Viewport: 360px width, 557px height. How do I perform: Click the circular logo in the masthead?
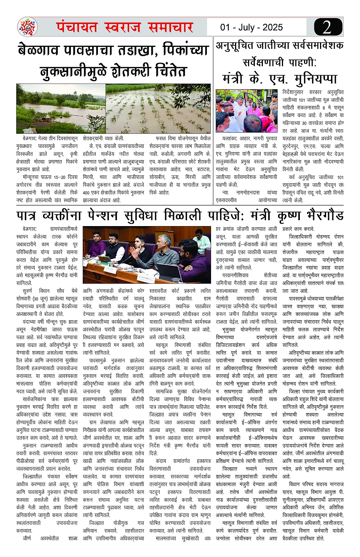pos(27,27)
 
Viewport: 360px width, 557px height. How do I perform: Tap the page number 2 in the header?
pos(326,27)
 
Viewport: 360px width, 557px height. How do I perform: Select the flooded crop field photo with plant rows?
pos(158,109)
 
